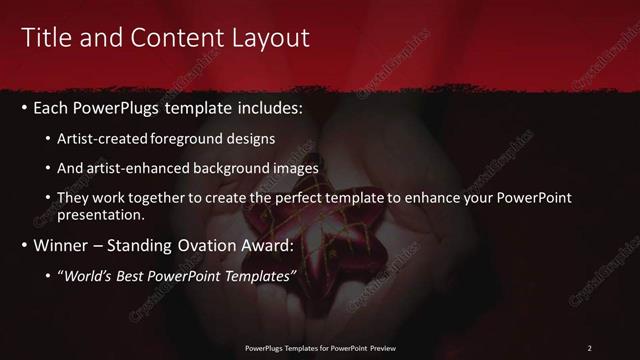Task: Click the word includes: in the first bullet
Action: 265,107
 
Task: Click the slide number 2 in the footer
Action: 589,348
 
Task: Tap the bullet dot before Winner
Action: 25,245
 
